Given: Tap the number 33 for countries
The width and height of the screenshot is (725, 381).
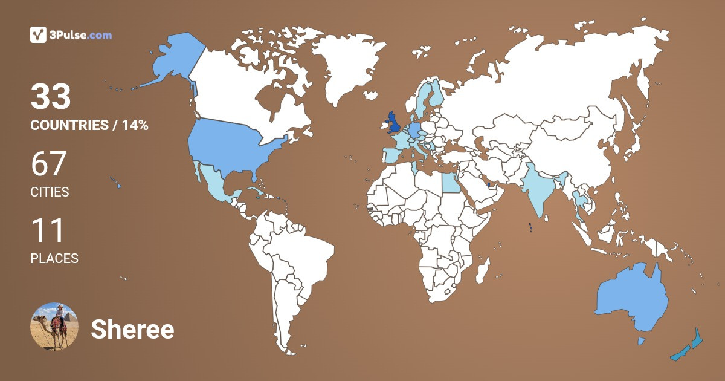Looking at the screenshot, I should click(51, 97).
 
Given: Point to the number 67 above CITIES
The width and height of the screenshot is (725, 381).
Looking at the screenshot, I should click(48, 164).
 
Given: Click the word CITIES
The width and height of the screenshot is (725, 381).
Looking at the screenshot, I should click(50, 192).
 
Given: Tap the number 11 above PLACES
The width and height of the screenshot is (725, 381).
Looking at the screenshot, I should click(47, 231).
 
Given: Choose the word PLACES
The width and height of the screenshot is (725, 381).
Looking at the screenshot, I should click(54, 258).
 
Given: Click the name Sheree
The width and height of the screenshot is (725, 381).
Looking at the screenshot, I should click(132, 330).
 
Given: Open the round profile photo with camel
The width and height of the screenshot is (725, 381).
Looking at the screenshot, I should click(54, 327).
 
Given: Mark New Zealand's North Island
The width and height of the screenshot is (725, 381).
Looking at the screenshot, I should click(697, 339).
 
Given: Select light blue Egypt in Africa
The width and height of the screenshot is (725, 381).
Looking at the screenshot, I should click(450, 181).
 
